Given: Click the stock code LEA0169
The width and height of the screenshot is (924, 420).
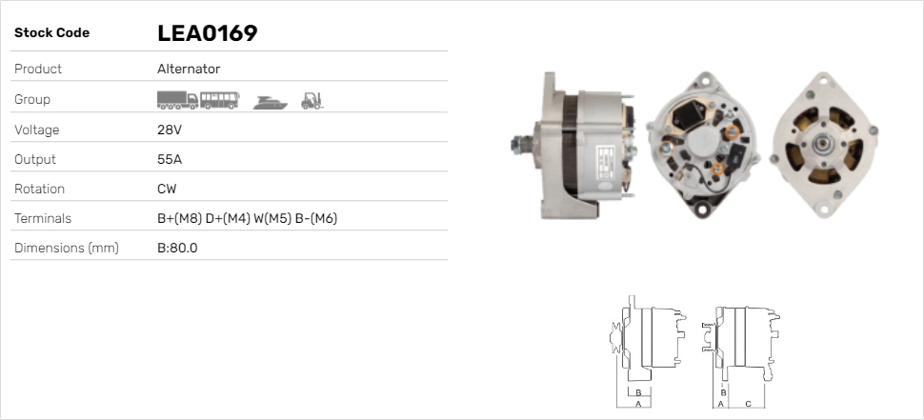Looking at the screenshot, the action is [208, 33].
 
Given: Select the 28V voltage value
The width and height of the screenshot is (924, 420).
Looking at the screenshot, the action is [170, 130].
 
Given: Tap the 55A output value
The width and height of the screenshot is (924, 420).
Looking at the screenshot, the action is [170, 159].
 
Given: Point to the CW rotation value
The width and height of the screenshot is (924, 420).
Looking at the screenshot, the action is [167, 189].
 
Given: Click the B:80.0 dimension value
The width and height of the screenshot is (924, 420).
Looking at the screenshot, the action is [177, 248].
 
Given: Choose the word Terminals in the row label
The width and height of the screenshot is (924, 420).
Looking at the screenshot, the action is [43, 218].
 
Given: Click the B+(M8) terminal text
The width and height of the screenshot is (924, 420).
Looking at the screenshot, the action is [180, 218].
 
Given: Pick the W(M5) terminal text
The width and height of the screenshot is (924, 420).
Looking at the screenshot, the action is [272, 218].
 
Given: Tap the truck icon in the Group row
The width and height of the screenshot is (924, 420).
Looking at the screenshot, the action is [177, 100].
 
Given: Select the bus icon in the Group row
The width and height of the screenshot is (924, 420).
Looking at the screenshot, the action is [219, 100].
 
